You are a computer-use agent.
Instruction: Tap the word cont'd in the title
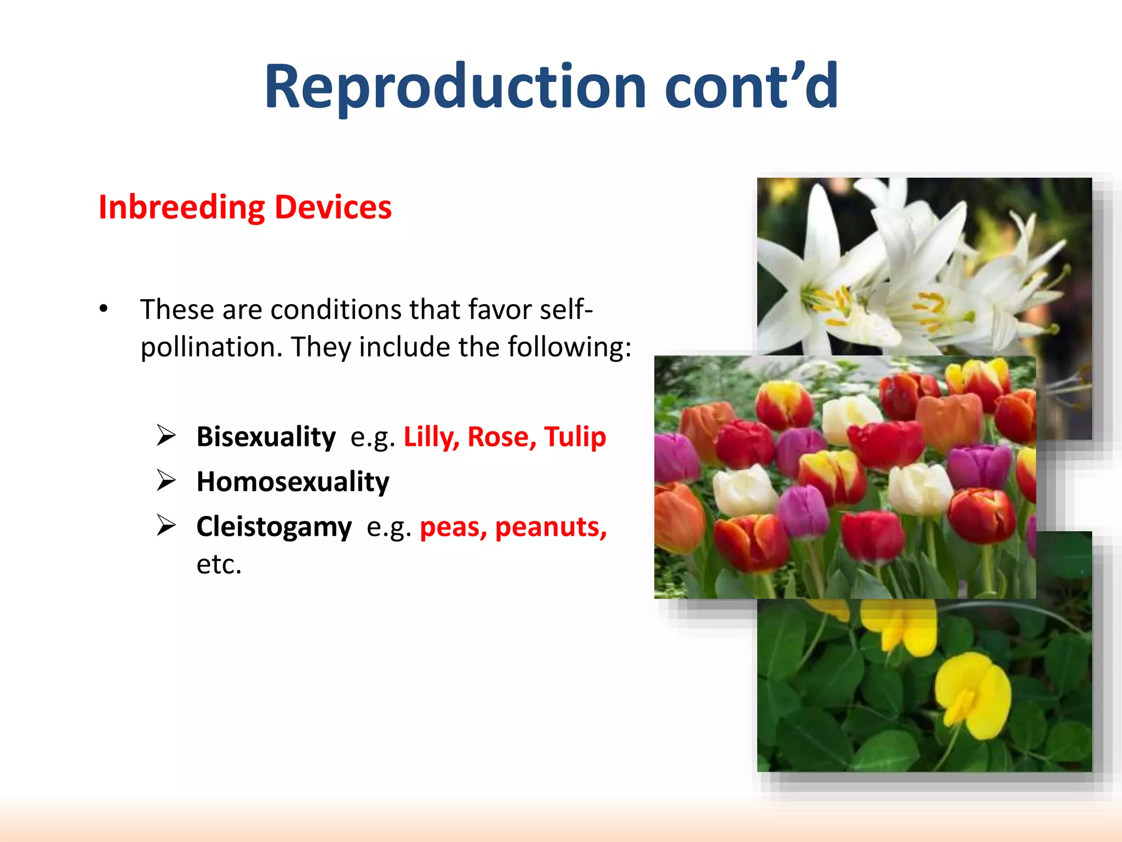pos(751,87)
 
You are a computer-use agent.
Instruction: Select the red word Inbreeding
pos(181,208)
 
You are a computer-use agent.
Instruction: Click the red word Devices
pos(333,207)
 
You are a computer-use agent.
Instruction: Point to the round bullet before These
pos(104,309)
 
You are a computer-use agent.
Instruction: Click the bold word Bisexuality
pos(266,437)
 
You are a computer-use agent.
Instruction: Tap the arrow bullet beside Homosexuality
pos(166,481)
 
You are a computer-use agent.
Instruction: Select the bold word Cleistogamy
pos(274,527)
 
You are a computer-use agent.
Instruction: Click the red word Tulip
pos(575,437)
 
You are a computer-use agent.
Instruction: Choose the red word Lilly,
pos(431,437)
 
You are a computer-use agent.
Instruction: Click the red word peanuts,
pos(551,527)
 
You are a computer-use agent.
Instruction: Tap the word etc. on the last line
pos(219,564)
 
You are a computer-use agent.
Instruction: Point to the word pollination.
pos(211,347)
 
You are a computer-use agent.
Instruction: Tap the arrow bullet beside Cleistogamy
pos(166,526)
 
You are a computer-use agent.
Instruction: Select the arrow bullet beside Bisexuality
pos(166,436)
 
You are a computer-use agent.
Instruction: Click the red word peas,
pos(453,527)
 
